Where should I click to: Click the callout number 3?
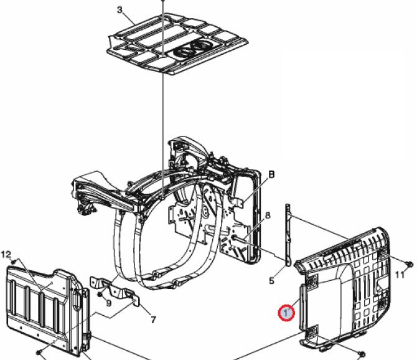click(119, 10)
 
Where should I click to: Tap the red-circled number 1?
click(286, 313)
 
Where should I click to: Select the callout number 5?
click(271, 280)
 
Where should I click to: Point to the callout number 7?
click(153, 320)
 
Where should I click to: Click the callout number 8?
click(268, 216)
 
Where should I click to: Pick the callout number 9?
click(108, 303)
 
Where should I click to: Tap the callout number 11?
click(400, 274)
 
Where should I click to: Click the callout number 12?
click(6, 255)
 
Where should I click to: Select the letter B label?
click(271, 174)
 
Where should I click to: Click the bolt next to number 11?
click(410, 263)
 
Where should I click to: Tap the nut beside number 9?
click(101, 294)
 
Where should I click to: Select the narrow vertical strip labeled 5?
click(288, 235)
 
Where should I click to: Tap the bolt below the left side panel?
click(39, 352)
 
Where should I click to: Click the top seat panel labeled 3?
click(177, 44)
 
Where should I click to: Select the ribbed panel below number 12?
click(49, 310)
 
